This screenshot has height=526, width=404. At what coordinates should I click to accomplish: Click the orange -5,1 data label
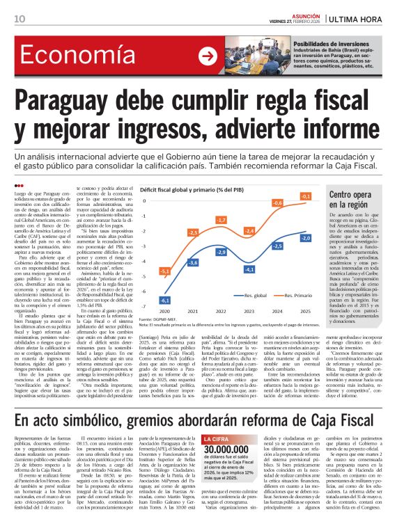point(166,271)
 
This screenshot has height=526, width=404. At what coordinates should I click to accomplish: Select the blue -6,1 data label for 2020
point(166,299)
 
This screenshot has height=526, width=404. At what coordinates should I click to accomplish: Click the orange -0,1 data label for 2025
point(305,197)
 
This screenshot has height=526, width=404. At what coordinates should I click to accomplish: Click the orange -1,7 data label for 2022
point(221,221)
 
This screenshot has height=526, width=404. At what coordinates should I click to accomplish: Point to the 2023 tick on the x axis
point(249,312)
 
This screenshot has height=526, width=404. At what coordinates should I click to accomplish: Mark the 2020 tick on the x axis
point(166,312)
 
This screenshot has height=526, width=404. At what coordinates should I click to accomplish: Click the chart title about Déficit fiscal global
point(201,189)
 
